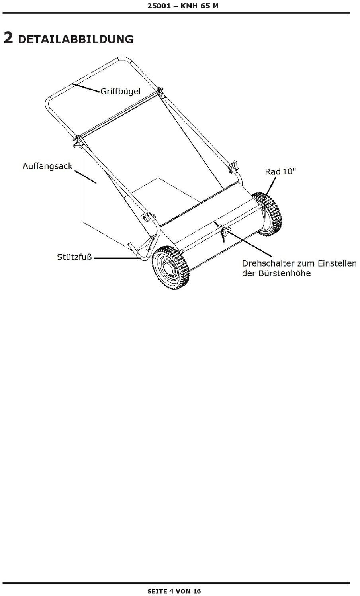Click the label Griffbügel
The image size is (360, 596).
coord(120,92)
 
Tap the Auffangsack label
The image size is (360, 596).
coord(47,166)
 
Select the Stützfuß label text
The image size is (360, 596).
coord(74,257)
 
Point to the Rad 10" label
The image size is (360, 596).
coord(280,171)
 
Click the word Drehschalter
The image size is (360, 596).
coord(268,263)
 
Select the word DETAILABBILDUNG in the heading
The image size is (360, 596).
coord(76,39)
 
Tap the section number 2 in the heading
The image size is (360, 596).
coord(8,38)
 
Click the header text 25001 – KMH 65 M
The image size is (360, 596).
coord(183,6)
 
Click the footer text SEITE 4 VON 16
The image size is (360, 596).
coord(174,591)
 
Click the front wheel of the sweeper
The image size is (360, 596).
coord(170,267)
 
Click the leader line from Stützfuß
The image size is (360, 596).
coord(117,258)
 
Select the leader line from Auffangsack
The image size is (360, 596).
coord(85,177)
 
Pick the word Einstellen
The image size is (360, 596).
coord(337,263)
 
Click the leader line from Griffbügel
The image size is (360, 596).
coord(85,88)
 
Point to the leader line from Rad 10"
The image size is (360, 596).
coord(270,188)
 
